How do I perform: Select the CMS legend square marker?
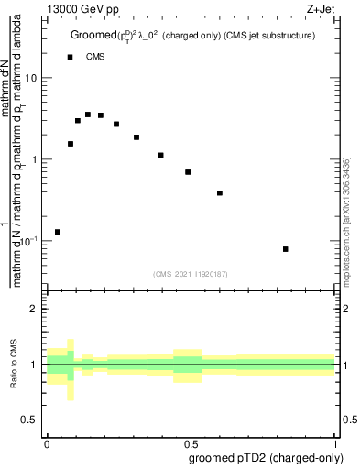click(70, 57)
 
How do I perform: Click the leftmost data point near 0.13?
click(58, 232)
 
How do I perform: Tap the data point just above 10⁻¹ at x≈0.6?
click(220, 193)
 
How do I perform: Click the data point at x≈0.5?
click(188, 172)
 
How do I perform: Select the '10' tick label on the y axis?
click(31, 78)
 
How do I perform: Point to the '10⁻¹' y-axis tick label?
click(29, 241)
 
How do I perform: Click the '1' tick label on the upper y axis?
click(35, 159)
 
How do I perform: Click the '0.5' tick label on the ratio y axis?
click(31, 420)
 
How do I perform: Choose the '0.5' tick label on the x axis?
click(190, 442)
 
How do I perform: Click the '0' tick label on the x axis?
click(46, 442)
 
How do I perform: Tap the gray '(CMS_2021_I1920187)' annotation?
click(191, 273)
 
